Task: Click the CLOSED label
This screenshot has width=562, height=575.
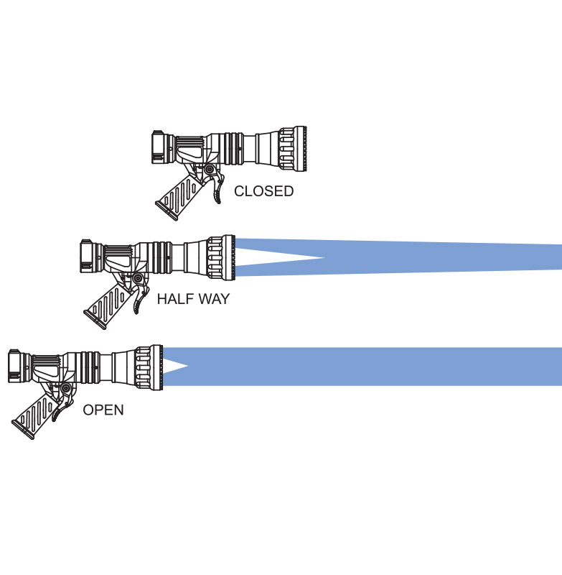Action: [263, 191]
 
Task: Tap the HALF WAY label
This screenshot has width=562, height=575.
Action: [193, 299]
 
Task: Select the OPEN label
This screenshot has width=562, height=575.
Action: [103, 410]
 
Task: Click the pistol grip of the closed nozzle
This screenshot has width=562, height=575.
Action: [177, 197]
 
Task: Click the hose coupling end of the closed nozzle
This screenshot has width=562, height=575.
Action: [159, 147]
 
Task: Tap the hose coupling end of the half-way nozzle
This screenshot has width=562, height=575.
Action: [88, 256]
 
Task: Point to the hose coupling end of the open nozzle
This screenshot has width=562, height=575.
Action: [16, 367]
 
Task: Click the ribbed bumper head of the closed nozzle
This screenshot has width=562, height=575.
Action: [292, 149]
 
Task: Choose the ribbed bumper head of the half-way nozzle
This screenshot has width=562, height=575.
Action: [220, 258]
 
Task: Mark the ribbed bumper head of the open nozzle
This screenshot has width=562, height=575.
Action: [149, 367]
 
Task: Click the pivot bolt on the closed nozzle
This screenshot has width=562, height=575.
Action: [210, 170]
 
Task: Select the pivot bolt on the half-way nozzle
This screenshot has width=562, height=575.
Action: [138, 278]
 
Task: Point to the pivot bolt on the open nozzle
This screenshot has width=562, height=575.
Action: [66, 388]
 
